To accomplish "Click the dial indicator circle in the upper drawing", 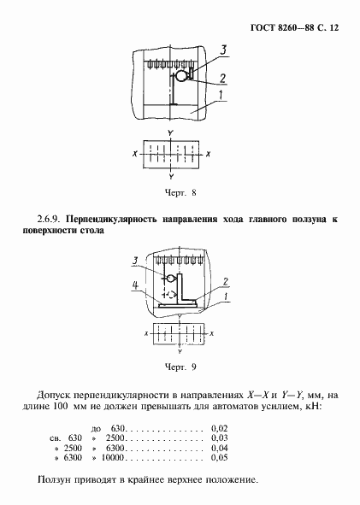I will tap(180, 77).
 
